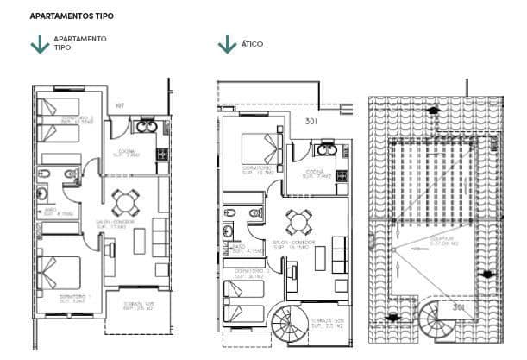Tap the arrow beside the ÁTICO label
pos(227,44)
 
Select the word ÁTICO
pos(253,44)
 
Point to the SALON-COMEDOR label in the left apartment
pos(111,223)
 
